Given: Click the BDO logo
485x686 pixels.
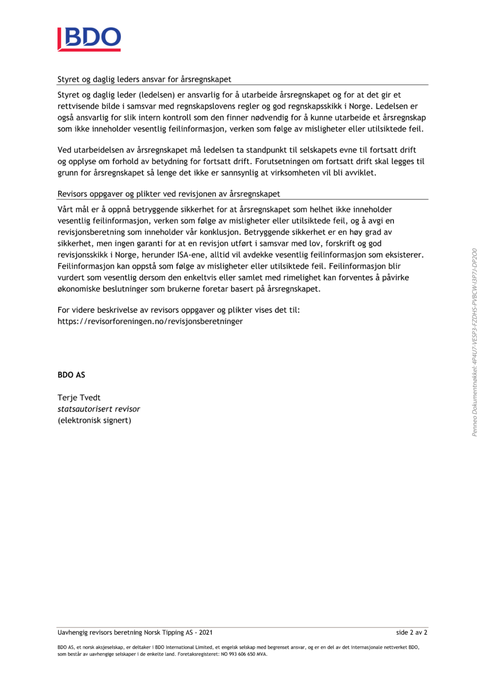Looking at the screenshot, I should point(89,39).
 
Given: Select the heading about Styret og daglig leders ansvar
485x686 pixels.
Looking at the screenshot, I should point(144,79).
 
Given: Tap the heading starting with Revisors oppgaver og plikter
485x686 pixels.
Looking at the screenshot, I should point(168,194).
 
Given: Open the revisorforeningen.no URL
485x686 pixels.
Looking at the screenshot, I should point(150,321).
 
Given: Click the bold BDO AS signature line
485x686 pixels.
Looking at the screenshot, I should point(71,375).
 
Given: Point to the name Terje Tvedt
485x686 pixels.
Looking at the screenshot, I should point(79,398).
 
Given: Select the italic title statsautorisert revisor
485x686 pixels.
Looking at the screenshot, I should point(99,409).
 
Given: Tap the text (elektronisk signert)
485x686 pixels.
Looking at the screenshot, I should point(94,420).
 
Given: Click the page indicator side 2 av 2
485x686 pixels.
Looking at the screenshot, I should point(411,633).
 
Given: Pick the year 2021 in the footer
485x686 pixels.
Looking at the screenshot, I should point(206,633).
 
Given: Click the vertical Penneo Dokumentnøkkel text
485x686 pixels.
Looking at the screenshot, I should point(474,342).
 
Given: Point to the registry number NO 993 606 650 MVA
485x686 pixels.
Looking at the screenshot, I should point(244,654).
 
